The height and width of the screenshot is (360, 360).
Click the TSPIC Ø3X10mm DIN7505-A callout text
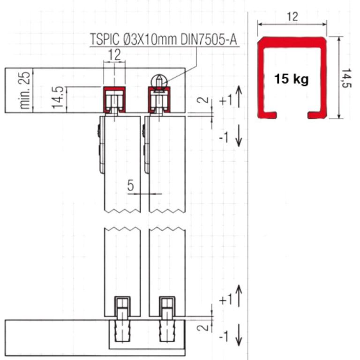pos(164,39)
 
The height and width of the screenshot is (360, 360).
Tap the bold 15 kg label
pos(292,79)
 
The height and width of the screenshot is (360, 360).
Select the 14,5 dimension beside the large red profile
pos(346,78)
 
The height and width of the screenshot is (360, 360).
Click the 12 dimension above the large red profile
pos(292,17)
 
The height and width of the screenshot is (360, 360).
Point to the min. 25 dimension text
pos(25,90)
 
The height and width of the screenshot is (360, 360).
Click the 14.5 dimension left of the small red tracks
pos(58,97)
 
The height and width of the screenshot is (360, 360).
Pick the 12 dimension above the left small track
pos(114,55)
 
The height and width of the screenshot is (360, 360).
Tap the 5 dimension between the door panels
pos(130,186)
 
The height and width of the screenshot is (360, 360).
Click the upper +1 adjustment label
pos(226,101)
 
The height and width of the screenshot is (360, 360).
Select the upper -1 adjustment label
pos(224,138)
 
